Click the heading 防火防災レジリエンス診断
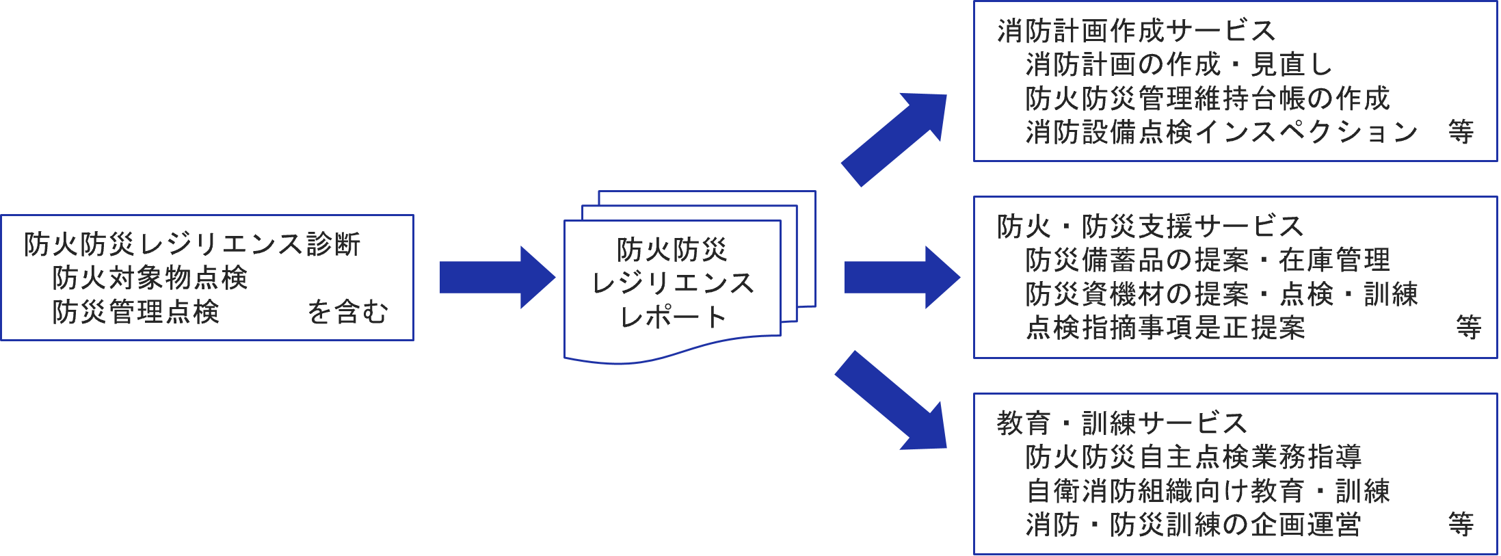[191, 244]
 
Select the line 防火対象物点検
[149, 278]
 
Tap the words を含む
[347, 312]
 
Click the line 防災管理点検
[135, 312]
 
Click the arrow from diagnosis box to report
[496, 277]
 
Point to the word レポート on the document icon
[673, 317]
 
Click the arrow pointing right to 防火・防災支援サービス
[901, 277]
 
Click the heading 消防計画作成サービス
[1136, 31]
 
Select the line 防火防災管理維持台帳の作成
[1207, 98]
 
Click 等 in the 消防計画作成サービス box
[1461, 132]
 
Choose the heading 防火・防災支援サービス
[1150, 226]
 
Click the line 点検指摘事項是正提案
[1165, 328]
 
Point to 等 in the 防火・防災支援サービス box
[1468, 328]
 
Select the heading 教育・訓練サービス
[1121, 423]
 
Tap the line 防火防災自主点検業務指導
[1193, 457]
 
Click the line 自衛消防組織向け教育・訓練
[1207, 491]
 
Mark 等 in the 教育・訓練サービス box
[1461, 525]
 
